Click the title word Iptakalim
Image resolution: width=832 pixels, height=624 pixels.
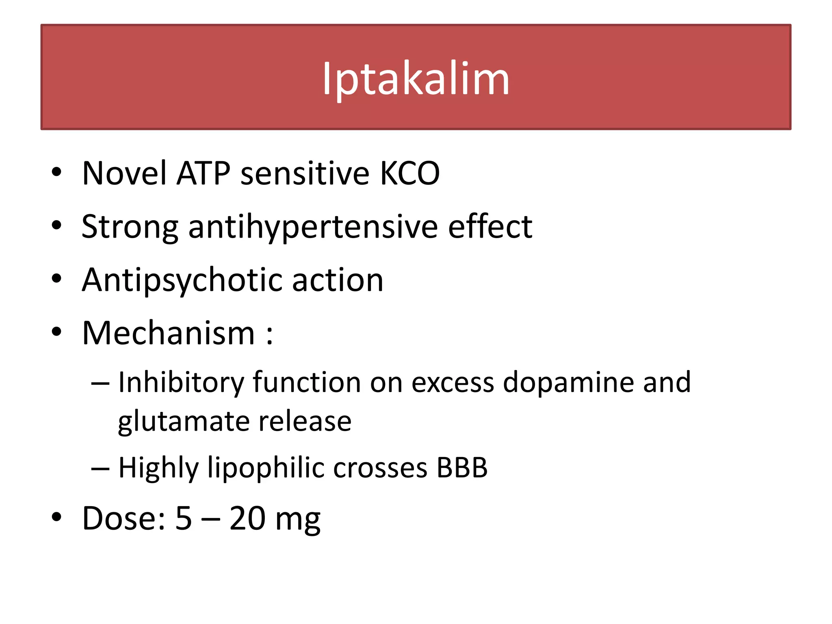[416, 79]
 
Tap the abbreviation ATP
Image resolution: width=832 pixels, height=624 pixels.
[204, 173]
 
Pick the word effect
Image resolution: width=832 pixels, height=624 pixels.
[490, 227]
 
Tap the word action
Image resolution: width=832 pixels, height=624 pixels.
[338, 280]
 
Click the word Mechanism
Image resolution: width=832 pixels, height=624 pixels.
[169, 334]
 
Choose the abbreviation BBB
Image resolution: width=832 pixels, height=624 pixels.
[462, 468]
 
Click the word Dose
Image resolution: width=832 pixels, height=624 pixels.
[123, 518]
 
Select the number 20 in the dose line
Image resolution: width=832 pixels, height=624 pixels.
[247, 518]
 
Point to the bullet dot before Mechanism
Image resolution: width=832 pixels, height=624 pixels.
[56, 332]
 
